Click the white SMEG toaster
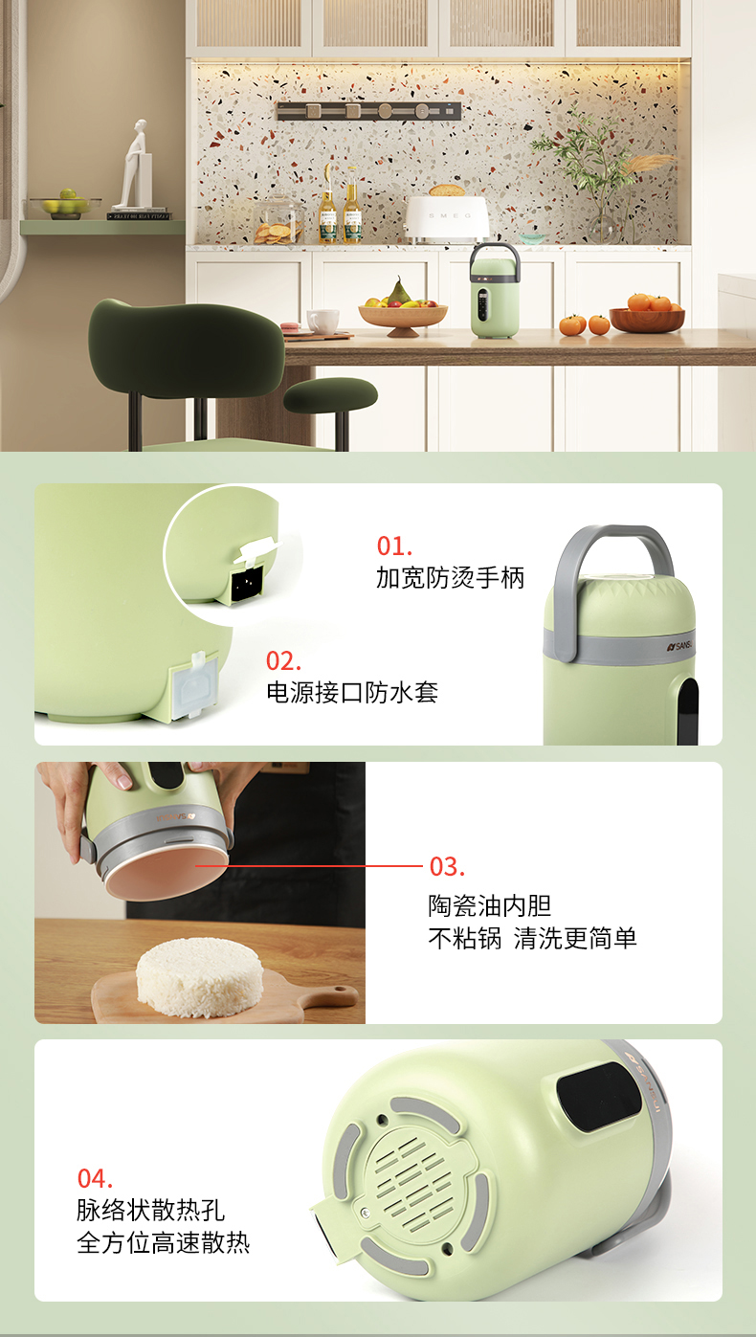[x=448, y=218]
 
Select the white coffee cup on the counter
[x=322, y=322]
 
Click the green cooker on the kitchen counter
[x=495, y=291]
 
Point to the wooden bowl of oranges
[x=647, y=314]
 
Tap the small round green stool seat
[x=330, y=394]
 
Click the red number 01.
[x=394, y=546]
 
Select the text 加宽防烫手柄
[x=450, y=578]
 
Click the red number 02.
[x=283, y=661]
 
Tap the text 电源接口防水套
[x=352, y=692]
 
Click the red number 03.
[x=447, y=867]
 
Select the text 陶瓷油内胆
[x=489, y=906]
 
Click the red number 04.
[x=95, y=1178]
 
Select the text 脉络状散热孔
[x=150, y=1211]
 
